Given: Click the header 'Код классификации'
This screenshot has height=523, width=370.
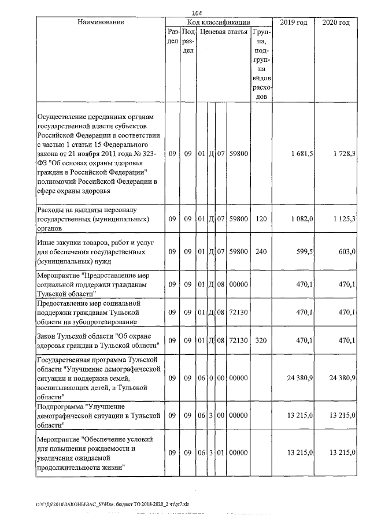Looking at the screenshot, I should [x=218, y=22].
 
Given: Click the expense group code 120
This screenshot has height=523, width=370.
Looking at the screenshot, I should [x=261, y=219].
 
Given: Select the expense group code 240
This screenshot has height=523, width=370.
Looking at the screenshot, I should [x=261, y=252].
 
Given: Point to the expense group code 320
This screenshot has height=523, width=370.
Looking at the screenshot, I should [x=261, y=340].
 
